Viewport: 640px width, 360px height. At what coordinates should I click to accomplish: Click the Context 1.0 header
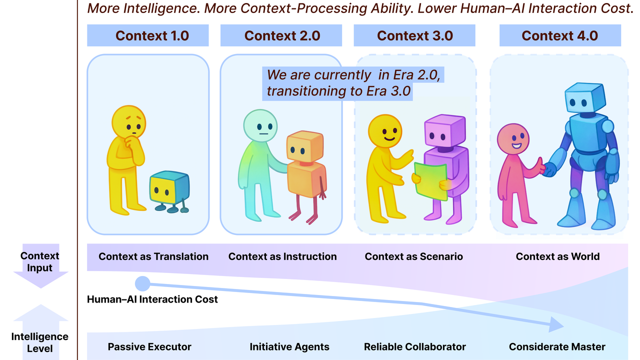point(152,36)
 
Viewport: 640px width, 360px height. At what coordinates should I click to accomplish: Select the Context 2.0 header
point(282,36)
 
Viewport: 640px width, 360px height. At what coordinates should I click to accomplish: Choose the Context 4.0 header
point(559,36)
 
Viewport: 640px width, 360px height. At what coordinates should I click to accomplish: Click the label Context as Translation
point(153,256)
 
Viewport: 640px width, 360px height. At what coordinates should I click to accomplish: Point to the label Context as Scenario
point(413,256)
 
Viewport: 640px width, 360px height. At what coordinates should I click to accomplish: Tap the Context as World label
point(557,256)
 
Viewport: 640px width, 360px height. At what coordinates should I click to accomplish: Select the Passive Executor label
point(149,346)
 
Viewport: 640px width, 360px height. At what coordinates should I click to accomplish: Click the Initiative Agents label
point(289,346)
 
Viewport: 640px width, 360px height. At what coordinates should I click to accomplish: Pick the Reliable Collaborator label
point(414,346)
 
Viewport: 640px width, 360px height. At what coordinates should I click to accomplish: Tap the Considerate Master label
point(557,346)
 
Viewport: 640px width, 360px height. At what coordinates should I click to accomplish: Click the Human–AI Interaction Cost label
point(152,299)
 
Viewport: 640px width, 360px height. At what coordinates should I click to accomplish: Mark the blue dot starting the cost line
point(142,284)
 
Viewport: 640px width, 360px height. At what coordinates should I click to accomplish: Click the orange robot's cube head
point(304,146)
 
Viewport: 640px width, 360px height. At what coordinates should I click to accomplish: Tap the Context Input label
point(39,261)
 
